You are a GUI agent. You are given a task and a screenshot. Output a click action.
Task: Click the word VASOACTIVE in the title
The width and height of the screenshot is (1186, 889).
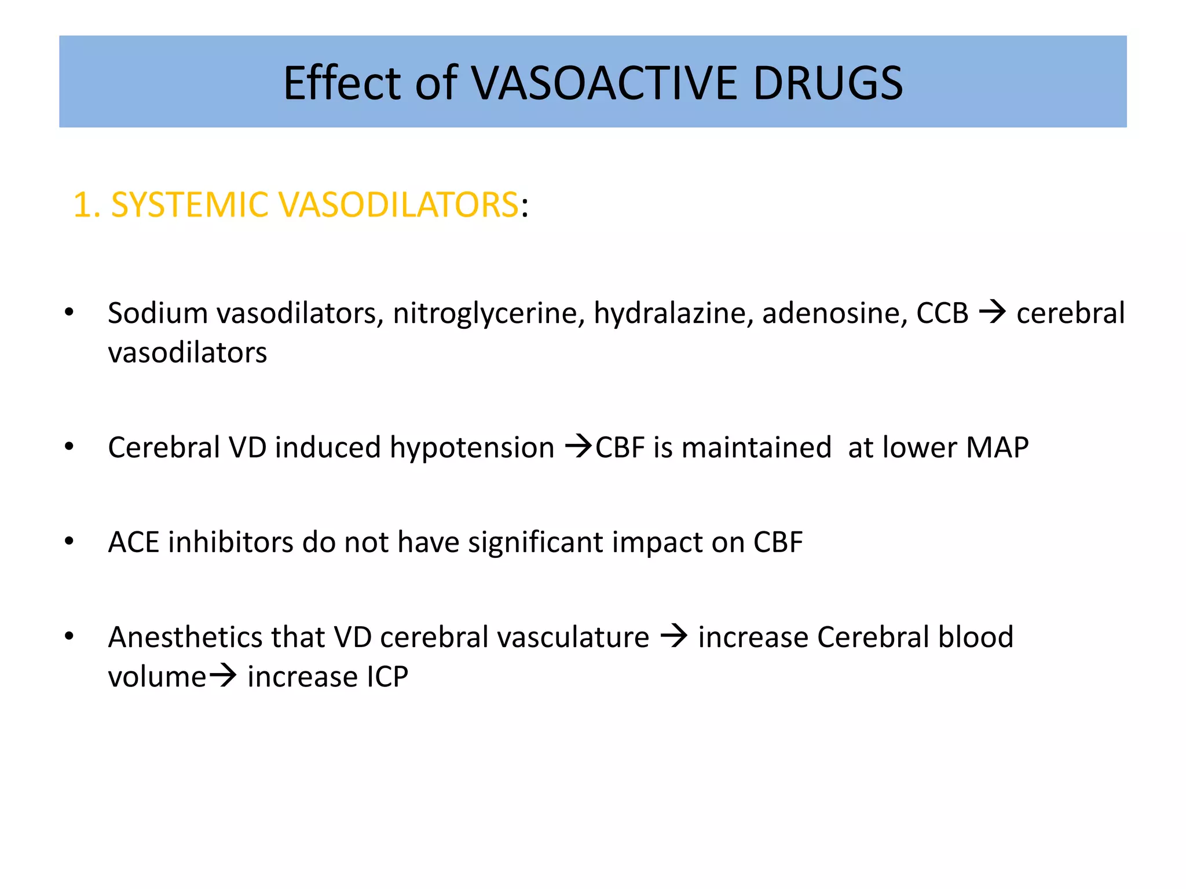pos(604,83)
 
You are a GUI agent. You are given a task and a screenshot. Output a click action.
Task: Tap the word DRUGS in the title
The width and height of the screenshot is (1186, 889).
pos(828,83)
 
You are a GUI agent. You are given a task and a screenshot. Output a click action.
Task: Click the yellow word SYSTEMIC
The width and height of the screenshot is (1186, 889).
pos(189,205)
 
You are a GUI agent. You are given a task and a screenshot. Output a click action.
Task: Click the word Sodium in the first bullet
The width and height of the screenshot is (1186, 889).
pos(158,313)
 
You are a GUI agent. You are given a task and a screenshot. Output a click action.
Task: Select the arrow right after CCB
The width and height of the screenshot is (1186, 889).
pos(993,313)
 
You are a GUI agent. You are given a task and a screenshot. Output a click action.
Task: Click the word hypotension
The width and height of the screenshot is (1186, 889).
pos(472,448)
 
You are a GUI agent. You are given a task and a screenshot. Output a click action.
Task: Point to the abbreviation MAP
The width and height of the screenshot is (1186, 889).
pos(997,448)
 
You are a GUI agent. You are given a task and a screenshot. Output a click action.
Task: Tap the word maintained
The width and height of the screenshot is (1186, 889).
pos(756,448)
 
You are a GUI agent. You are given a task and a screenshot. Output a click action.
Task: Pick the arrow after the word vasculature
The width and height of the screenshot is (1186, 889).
pos(674,637)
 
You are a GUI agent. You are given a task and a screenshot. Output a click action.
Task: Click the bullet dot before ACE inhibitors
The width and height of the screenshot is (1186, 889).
pos(69,542)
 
